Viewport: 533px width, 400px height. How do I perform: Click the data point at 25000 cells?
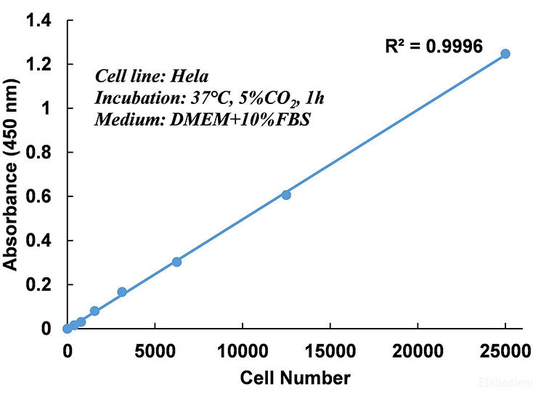[505, 54]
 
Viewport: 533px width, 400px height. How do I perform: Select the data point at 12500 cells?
[286, 194]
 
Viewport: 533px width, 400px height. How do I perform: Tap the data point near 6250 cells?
[176, 262]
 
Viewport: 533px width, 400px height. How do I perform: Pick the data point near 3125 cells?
[122, 292]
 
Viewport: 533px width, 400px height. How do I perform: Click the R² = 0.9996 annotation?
[434, 47]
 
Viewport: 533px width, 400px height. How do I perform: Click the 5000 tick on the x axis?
[155, 350]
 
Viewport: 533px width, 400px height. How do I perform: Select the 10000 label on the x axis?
[241, 350]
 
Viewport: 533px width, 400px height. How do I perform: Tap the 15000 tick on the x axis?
[330, 350]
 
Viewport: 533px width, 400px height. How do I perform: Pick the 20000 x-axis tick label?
[418, 350]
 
